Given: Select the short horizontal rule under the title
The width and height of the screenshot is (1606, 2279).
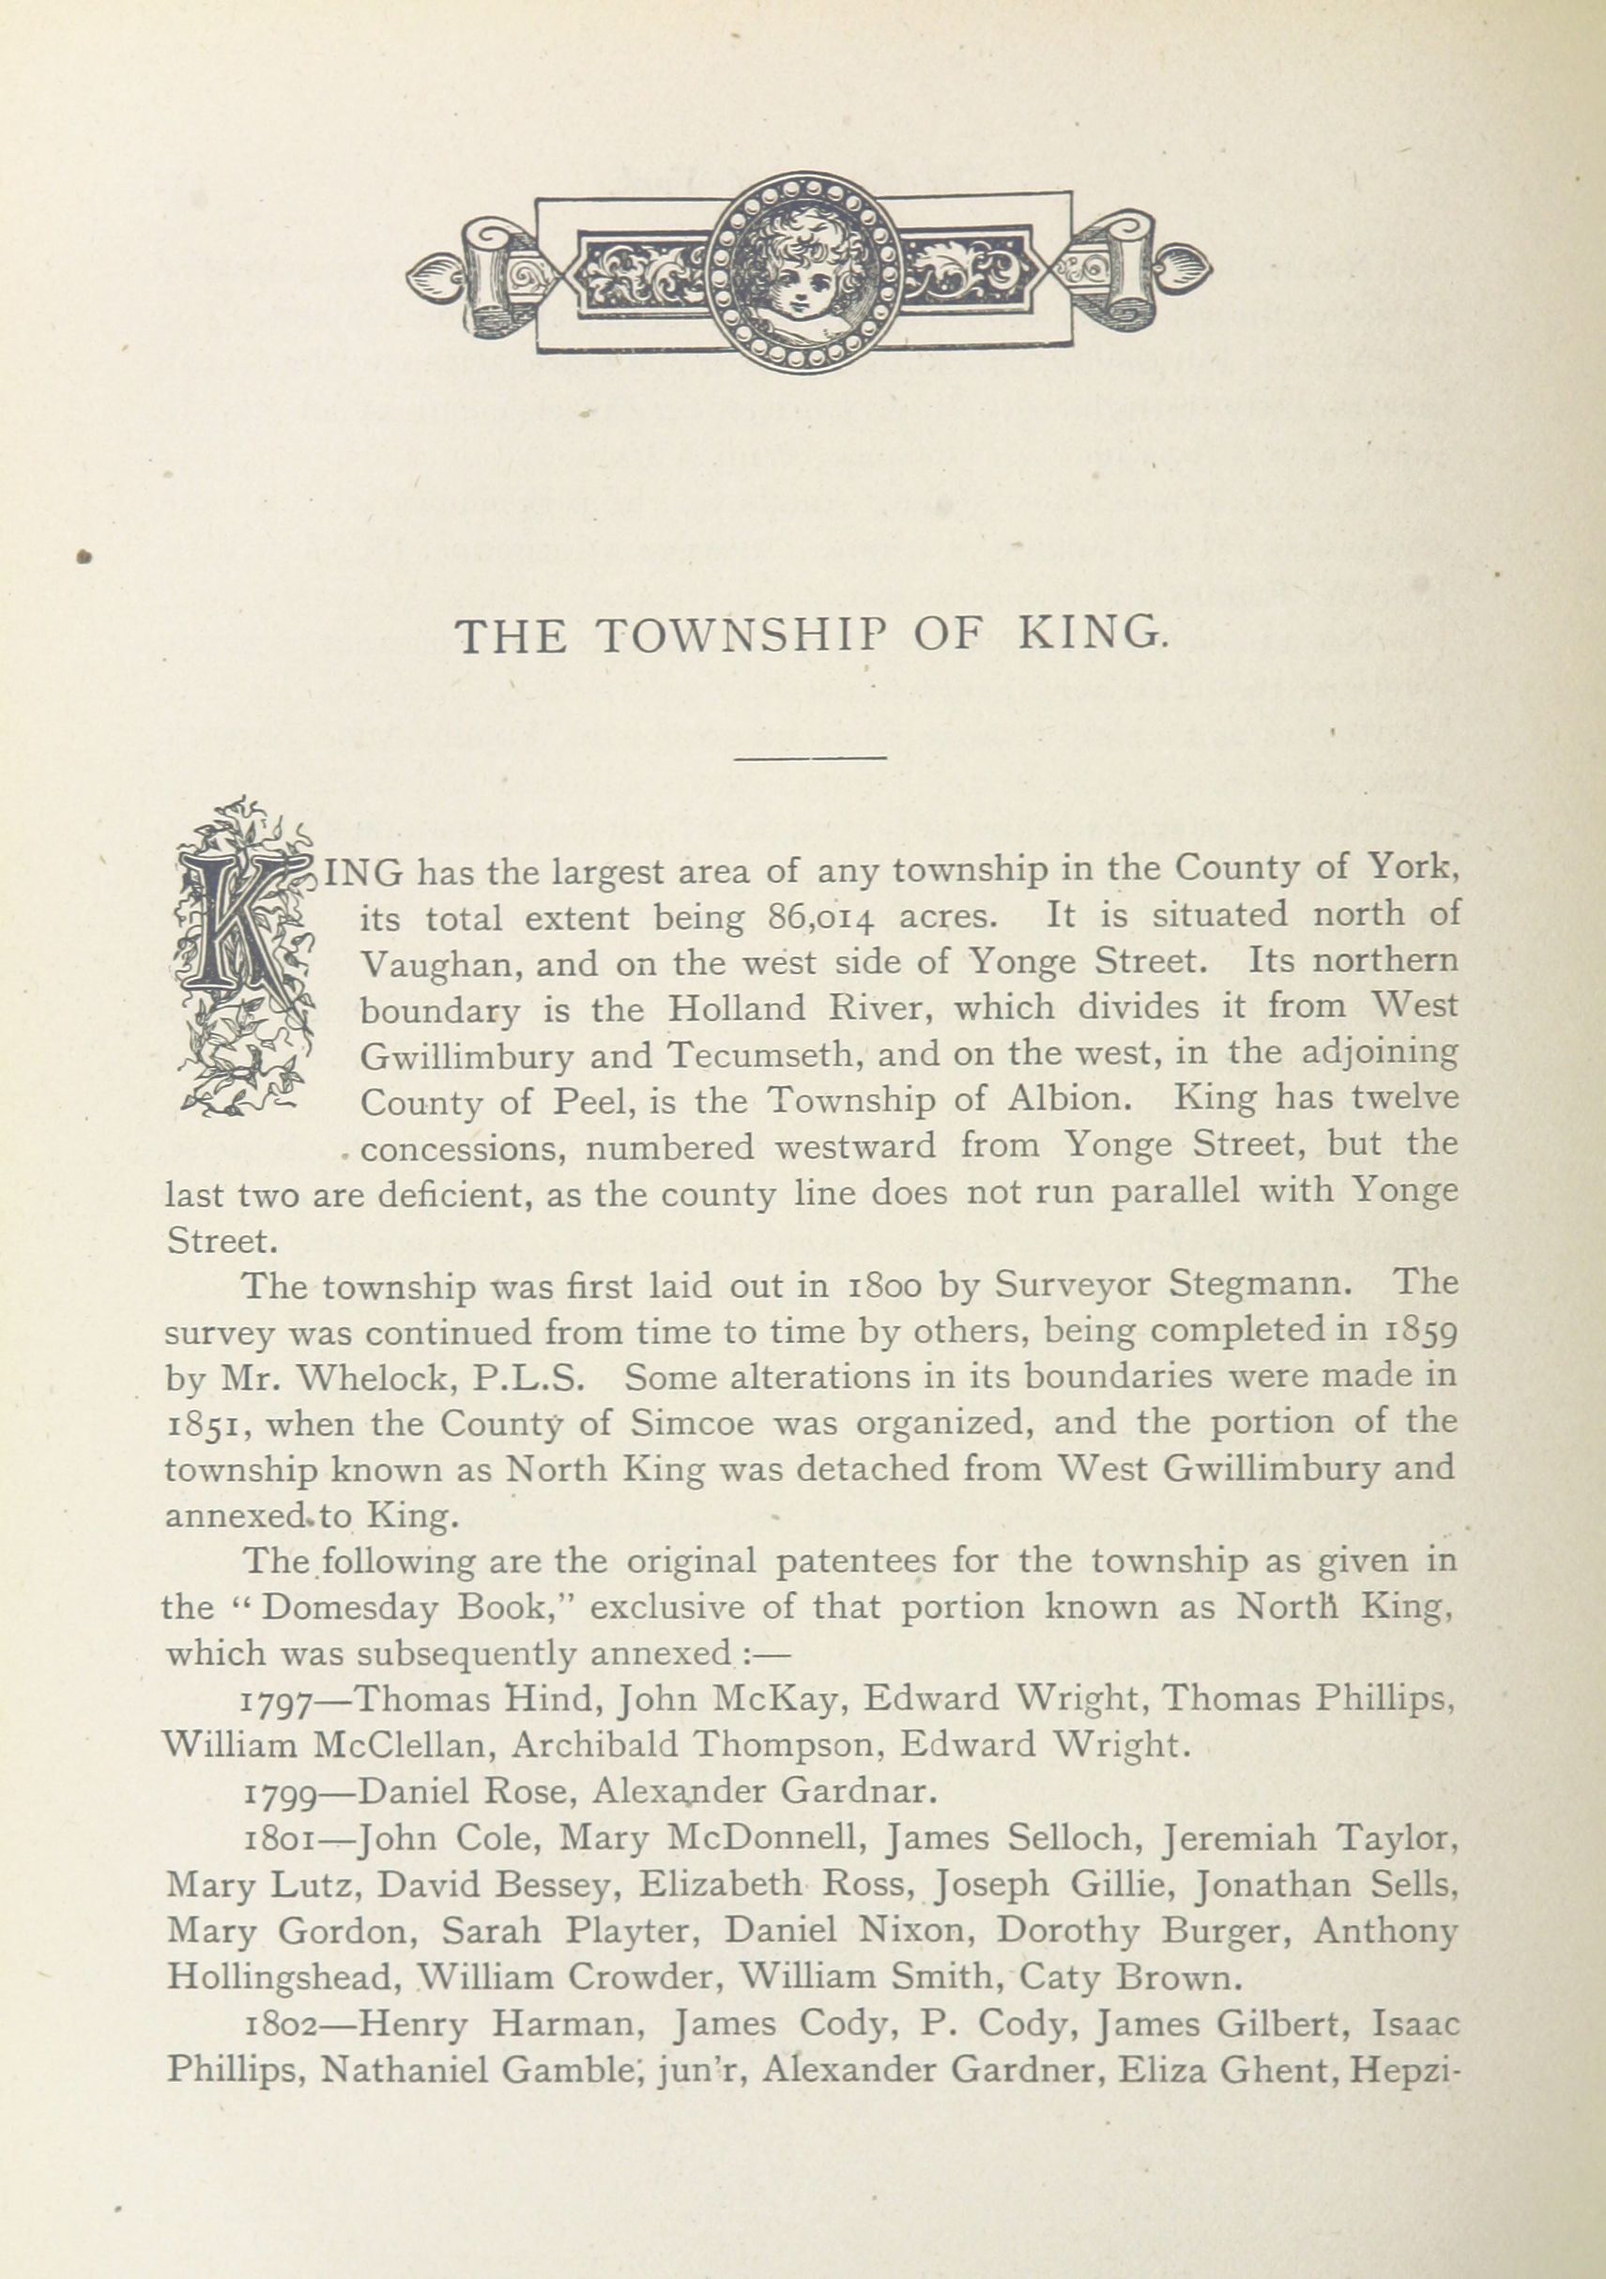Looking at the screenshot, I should point(810,758).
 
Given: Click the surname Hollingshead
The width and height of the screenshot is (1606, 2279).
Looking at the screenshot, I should point(283,1980).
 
